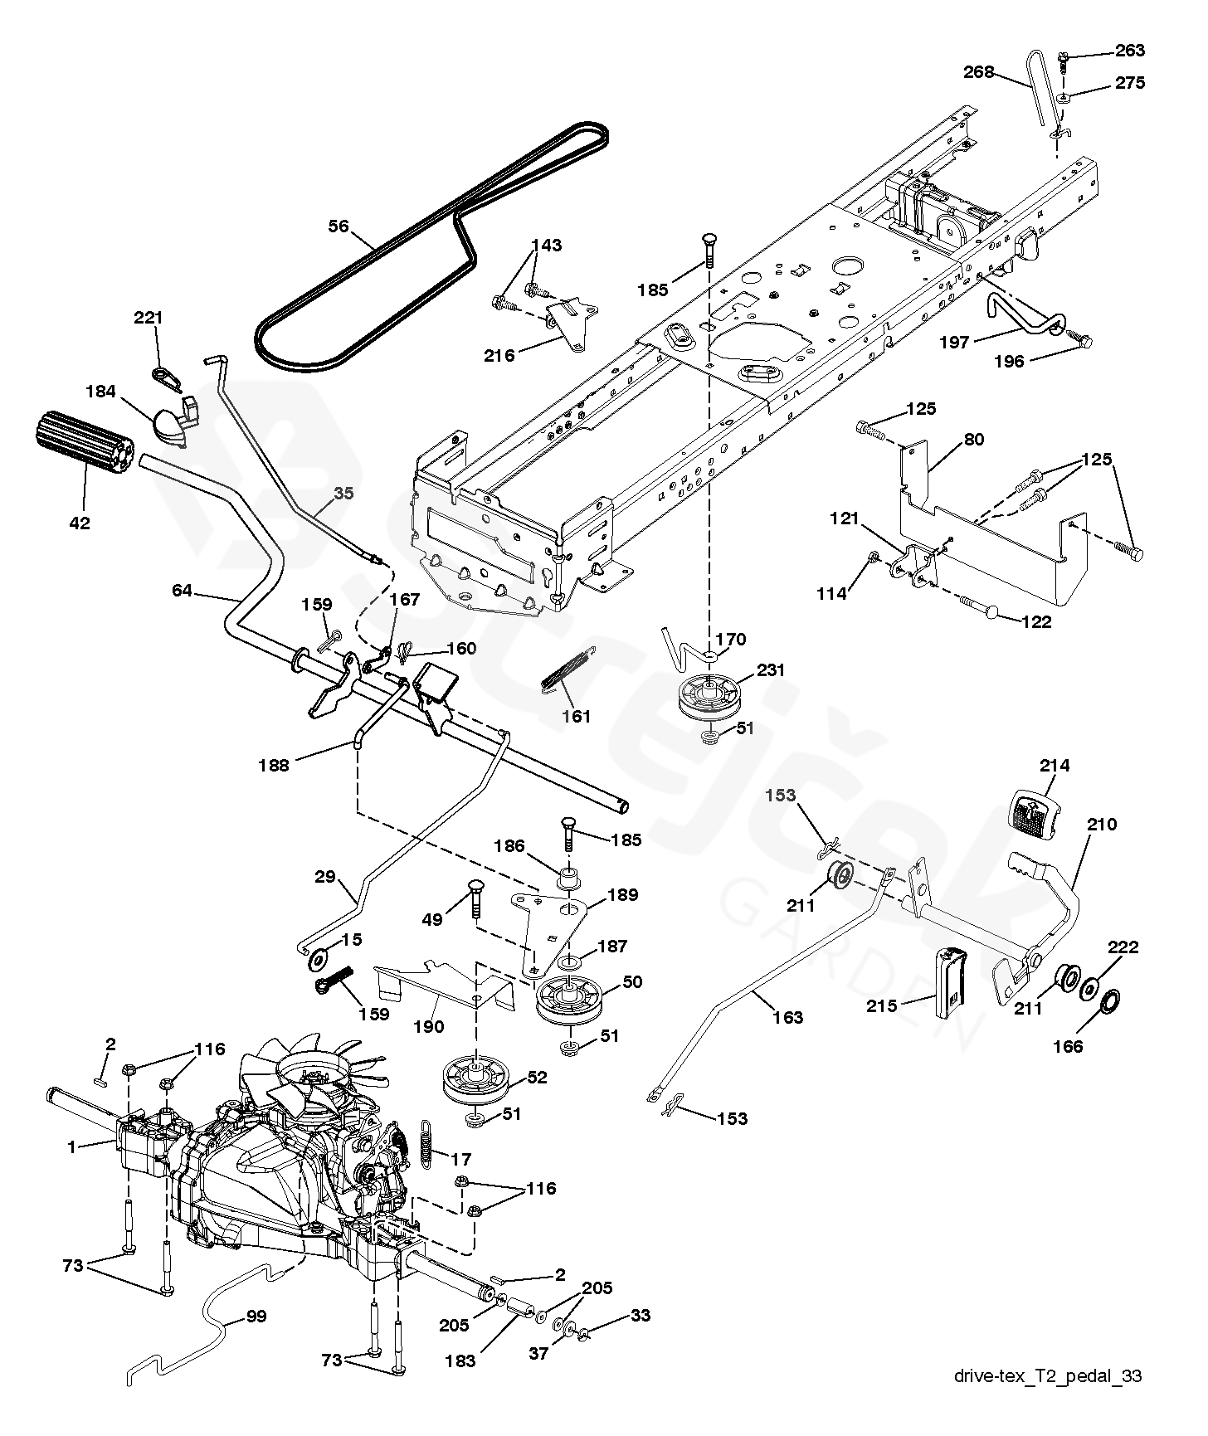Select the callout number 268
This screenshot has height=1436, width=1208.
(978, 72)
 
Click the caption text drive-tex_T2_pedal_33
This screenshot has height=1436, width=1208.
(1048, 1376)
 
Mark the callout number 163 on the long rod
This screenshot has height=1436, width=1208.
(787, 1017)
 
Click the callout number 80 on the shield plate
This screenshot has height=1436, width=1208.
(974, 439)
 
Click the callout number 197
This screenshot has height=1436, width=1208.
(953, 342)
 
